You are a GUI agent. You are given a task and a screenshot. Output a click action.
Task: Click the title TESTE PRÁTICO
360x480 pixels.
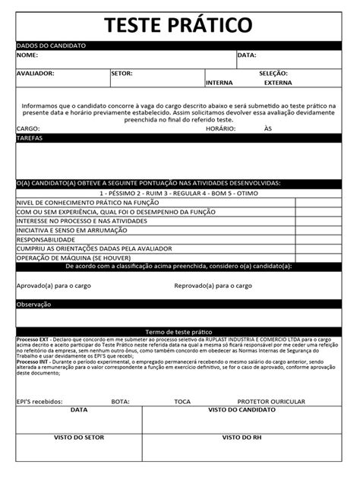pyautogui.click(x=179, y=24)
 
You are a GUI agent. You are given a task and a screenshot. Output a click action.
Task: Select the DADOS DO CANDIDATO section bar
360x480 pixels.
pyautogui.click(x=179, y=46)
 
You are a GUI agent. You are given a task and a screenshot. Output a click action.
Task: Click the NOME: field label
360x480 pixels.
pyautogui.click(x=27, y=55)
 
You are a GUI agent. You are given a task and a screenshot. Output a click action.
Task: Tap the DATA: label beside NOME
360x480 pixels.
pyautogui.click(x=247, y=55)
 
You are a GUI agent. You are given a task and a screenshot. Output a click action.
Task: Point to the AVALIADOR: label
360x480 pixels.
pyautogui.click(x=36, y=74)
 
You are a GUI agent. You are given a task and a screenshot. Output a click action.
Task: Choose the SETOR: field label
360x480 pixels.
pyautogui.click(x=122, y=74)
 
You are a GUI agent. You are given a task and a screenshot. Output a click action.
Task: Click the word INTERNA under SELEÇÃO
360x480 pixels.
pyautogui.click(x=219, y=83)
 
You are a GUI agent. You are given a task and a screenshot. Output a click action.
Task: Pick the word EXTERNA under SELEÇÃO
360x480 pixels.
pyautogui.click(x=278, y=83)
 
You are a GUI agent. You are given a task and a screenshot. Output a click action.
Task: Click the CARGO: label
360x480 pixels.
pyautogui.click(x=28, y=129)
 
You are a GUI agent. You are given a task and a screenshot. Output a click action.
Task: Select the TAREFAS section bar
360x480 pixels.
pyautogui.click(x=179, y=138)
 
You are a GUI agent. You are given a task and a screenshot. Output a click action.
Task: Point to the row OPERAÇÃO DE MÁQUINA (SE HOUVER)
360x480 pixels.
pyautogui.click(x=72, y=257)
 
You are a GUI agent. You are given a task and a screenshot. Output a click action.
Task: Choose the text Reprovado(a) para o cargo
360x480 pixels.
pyautogui.click(x=213, y=286)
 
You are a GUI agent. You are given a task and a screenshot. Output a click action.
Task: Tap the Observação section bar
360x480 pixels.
pyautogui.click(x=179, y=305)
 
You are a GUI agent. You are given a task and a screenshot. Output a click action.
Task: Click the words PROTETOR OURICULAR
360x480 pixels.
pyautogui.click(x=271, y=401)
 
